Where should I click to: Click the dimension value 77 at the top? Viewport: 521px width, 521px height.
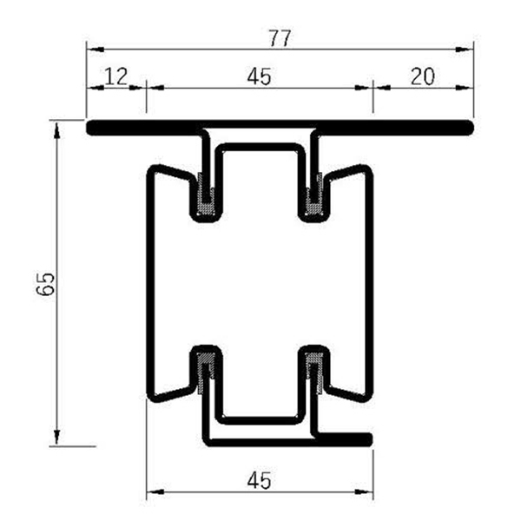[280, 38]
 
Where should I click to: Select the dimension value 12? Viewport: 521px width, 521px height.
[115, 76]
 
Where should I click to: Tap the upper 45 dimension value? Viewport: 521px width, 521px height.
[259, 76]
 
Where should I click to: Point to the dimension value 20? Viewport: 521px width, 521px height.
[422, 76]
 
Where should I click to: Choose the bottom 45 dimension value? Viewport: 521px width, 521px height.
[259, 479]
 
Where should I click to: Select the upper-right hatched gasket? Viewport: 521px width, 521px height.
[313, 195]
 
